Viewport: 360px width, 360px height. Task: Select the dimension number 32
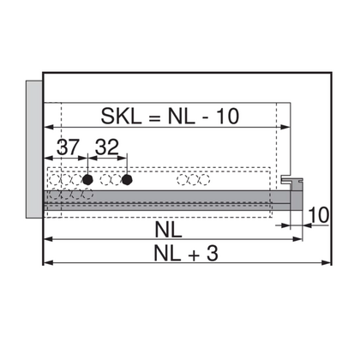coord(108,147)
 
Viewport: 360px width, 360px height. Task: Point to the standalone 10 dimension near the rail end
coord(315,214)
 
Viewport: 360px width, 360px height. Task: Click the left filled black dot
coord(87,181)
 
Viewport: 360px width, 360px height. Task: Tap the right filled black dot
coord(127,181)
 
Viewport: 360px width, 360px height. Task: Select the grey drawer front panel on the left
coord(33,151)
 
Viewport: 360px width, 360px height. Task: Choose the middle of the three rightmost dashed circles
coord(193,181)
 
